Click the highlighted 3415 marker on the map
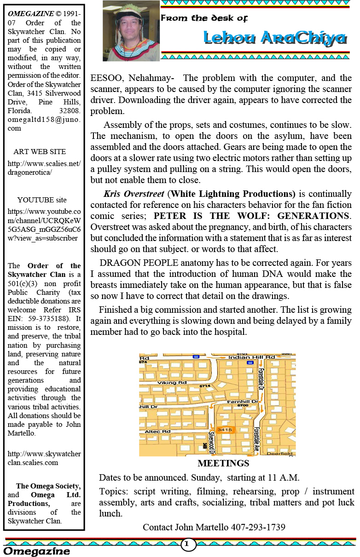pyautogui.click(x=224, y=430)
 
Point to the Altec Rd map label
pyautogui.click(x=157, y=431)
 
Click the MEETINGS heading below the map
pyautogui.click(x=223, y=463)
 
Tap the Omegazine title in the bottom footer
pyautogui.click(x=37, y=551)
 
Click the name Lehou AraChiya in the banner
pyautogui.click(x=275, y=38)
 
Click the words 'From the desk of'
pyautogui.click(x=204, y=18)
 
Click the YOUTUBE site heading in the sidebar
pyautogui.click(x=42, y=200)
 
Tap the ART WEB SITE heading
pyautogui.click(x=40, y=152)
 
